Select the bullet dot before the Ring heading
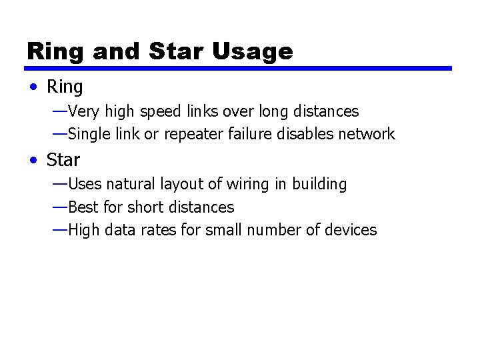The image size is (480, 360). (x=33, y=87)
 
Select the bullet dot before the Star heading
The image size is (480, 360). (x=33, y=161)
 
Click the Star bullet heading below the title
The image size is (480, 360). (x=63, y=160)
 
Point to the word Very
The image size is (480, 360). (x=83, y=111)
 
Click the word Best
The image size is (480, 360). (x=82, y=207)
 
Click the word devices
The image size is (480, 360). (x=352, y=230)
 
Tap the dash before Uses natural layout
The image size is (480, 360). (x=59, y=183)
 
